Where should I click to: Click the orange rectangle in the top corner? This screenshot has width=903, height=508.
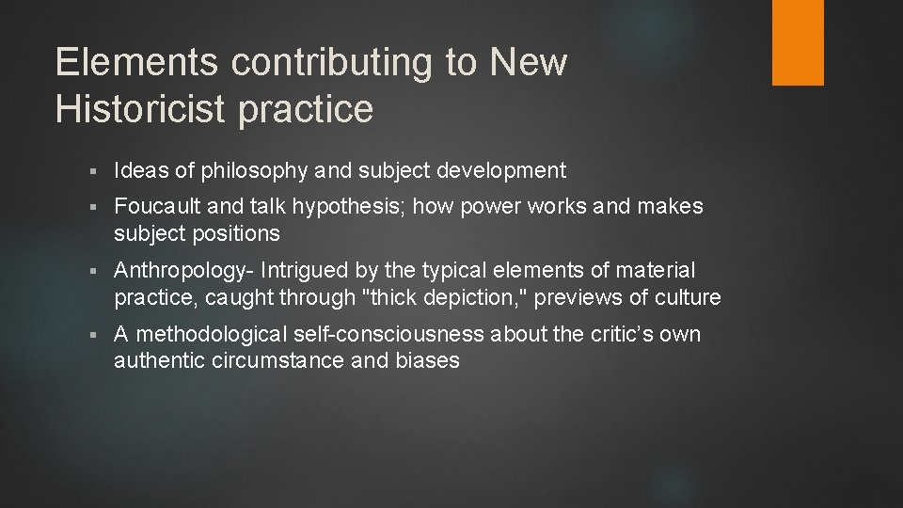(x=797, y=42)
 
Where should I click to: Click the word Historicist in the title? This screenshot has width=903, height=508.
(x=138, y=109)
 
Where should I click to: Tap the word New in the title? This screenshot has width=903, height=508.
(x=529, y=63)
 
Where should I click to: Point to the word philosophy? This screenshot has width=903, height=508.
(x=222, y=171)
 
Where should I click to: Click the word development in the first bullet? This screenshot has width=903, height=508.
(x=499, y=170)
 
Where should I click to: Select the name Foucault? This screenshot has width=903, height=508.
(x=156, y=206)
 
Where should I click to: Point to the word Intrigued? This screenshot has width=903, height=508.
(x=303, y=271)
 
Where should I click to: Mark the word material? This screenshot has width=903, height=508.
(x=657, y=271)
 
